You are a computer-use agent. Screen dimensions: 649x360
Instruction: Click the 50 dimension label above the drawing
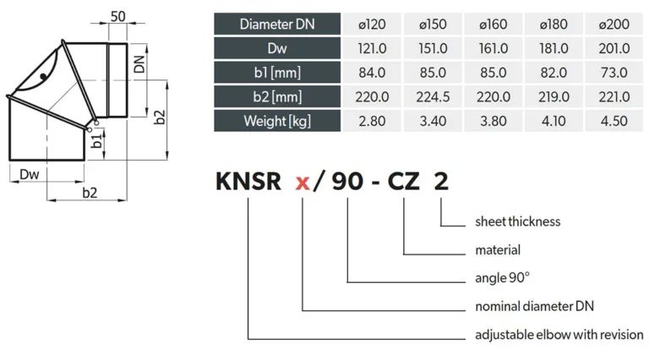[118, 17]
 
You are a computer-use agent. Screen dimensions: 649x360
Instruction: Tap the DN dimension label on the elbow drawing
[140, 63]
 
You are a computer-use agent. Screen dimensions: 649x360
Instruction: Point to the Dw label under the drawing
[30, 174]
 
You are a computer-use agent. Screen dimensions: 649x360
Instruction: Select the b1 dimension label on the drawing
[97, 140]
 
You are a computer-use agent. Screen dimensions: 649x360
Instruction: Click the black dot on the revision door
[43, 77]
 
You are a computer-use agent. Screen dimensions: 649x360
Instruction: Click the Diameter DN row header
[277, 24]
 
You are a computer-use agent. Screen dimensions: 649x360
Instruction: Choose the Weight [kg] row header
[277, 121]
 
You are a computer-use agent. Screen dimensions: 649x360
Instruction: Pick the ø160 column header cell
[494, 24]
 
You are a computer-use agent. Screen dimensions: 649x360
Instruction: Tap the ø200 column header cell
[614, 24]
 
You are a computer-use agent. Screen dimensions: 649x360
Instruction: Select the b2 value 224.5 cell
[433, 97]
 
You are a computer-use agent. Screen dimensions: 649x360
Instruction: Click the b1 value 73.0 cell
[614, 73]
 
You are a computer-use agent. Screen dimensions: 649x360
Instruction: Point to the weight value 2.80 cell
[372, 121]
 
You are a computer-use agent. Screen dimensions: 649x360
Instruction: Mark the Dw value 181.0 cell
[554, 48]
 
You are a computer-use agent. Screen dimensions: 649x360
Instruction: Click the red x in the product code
[303, 183]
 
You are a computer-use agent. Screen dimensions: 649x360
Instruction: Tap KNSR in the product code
[248, 181]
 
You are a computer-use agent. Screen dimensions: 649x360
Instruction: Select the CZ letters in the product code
[404, 181]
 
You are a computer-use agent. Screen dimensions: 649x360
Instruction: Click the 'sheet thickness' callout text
[518, 221]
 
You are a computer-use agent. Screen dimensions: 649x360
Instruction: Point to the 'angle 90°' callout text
[503, 278]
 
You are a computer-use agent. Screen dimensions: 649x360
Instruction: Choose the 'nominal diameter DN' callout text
[535, 306]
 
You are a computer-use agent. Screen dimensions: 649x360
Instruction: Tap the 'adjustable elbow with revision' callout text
[559, 335]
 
